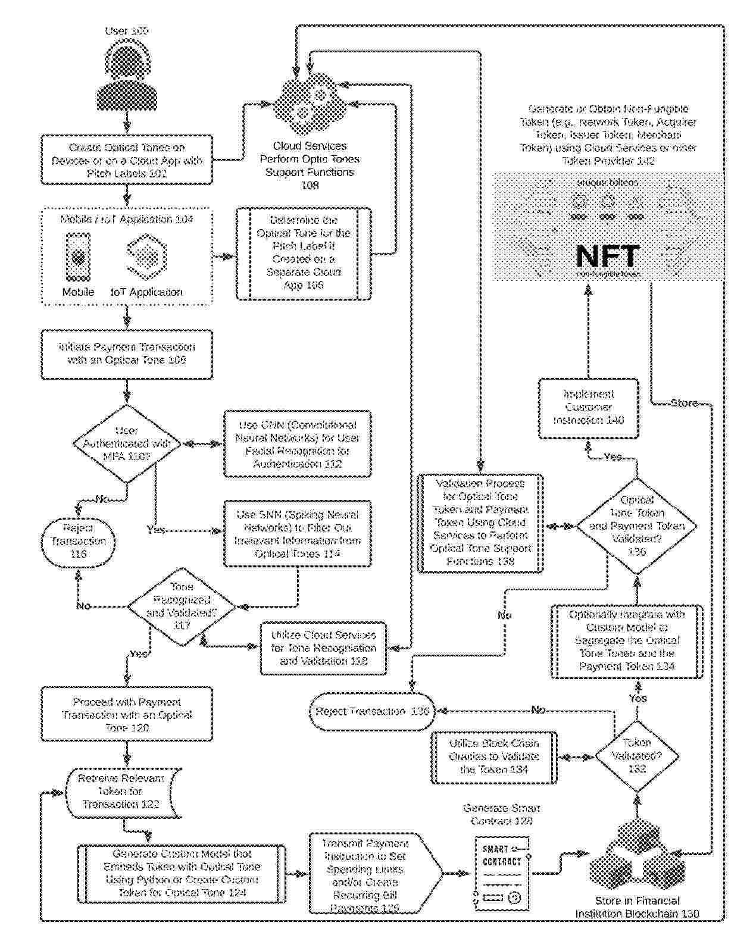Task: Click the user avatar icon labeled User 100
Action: tap(127, 77)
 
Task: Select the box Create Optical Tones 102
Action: tap(127, 159)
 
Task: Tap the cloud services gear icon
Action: tap(309, 104)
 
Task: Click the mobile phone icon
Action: tap(78, 257)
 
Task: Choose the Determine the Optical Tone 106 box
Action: tap(304, 253)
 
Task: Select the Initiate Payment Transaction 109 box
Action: tap(127, 353)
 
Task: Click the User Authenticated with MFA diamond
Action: tap(127, 443)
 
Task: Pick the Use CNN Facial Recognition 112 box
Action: tap(298, 444)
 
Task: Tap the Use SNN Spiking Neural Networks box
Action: tap(298, 534)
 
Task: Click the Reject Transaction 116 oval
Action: tap(78, 541)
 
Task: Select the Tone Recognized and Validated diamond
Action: tap(182, 606)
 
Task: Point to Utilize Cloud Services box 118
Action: tap(323, 648)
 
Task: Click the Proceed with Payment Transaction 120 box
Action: tap(127, 715)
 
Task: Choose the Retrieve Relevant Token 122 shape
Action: tap(121, 792)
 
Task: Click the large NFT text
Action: tap(608, 256)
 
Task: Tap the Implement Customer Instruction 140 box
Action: tap(589, 408)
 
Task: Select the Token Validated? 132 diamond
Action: tap(637, 756)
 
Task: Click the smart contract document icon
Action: tap(502, 873)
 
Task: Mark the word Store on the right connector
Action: tap(684, 403)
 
